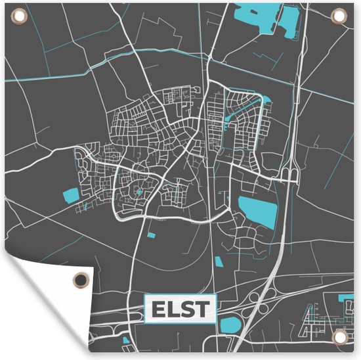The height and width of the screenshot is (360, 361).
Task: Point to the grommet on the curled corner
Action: (79, 279)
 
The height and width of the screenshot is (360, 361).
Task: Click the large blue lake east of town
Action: (257, 211)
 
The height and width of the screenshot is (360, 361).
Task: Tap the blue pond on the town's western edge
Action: (69, 194)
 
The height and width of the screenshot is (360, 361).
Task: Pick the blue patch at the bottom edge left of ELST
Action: (126, 340)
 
